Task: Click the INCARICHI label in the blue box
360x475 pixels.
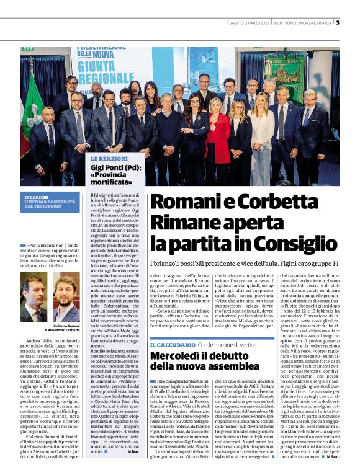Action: click(37, 196)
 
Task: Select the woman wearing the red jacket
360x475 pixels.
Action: click(218, 133)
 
